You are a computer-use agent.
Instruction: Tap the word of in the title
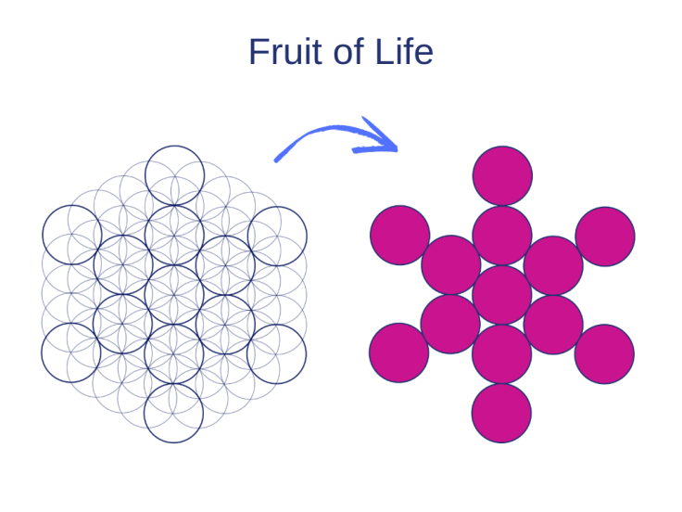(348, 52)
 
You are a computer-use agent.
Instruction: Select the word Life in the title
(404, 52)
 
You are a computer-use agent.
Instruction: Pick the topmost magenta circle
(502, 175)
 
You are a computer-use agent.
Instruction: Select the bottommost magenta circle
(501, 413)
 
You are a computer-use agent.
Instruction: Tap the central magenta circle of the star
(502, 295)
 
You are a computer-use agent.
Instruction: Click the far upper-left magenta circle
(400, 235)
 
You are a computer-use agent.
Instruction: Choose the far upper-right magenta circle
(605, 236)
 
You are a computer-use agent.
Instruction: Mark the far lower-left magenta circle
(399, 352)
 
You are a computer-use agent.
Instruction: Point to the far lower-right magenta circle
(604, 353)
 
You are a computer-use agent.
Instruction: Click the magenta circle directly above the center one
(502, 235)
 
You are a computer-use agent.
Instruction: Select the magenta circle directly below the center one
(501, 354)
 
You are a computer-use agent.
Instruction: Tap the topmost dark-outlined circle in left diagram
(174, 175)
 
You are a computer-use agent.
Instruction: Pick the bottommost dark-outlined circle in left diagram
(173, 413)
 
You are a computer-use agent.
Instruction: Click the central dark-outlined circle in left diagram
(174, 294)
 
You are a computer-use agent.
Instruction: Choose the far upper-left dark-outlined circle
(72, 235)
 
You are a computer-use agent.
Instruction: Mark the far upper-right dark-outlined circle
(277, 236)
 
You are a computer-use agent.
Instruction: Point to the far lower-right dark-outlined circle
(276, 353)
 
